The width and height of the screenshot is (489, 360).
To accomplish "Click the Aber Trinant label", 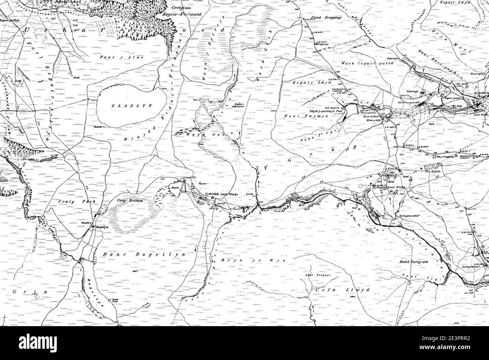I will point(317,275).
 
